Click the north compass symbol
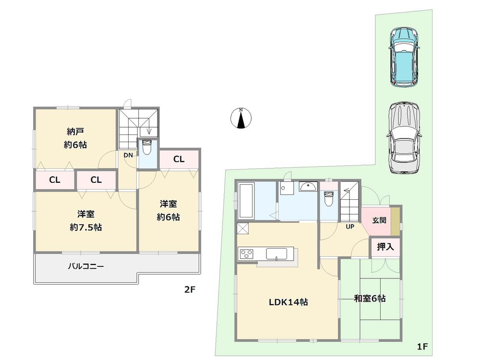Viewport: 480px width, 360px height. point(242,119)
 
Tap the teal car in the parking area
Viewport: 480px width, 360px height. point(405,58)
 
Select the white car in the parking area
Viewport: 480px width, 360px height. point(404,137)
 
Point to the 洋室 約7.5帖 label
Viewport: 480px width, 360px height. point(85,221)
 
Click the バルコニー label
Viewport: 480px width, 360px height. point(85,265)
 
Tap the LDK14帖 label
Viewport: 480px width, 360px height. point(288,302)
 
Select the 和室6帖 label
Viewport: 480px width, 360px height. point(370,299)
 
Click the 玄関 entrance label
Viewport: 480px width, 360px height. point(379,221)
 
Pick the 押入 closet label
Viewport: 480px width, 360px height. point(384,247)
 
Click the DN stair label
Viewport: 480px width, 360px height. point(128,155)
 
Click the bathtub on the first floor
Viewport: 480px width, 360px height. point(247,200)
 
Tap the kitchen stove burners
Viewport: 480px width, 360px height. point(247,254)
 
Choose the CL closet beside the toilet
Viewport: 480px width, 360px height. point(178,159)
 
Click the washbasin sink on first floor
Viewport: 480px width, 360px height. point(306,188)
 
